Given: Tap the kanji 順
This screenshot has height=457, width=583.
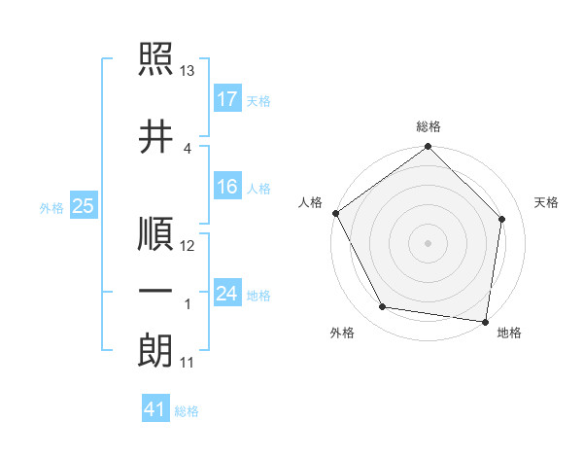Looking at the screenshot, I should (155, 235).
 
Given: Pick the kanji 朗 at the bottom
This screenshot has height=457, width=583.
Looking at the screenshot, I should (155, 350).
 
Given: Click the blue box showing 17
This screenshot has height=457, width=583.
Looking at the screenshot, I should (227, 99).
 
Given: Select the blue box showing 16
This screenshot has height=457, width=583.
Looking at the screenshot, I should (227, 187).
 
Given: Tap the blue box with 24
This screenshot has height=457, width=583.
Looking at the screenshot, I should (227, 294).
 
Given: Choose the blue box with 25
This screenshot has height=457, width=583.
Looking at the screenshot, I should (83, 206).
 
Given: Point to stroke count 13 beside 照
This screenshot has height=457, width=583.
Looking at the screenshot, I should (188, 71).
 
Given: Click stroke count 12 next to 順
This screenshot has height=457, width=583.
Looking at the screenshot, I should (188, 247).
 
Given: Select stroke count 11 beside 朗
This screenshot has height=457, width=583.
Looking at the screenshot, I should (188, 364).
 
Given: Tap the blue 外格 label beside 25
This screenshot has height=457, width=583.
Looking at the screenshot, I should (51, 207).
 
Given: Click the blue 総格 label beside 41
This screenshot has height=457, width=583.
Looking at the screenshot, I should (187, 411).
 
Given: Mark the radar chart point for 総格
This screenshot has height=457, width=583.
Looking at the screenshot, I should (428, 148).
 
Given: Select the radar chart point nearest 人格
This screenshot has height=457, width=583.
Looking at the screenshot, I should (335, 213).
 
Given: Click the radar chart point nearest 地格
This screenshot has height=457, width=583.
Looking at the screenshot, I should (485, 321).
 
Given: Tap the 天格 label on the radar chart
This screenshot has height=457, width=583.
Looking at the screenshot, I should (547, 202).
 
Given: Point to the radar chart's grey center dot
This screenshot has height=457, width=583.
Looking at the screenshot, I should (428, 242).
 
